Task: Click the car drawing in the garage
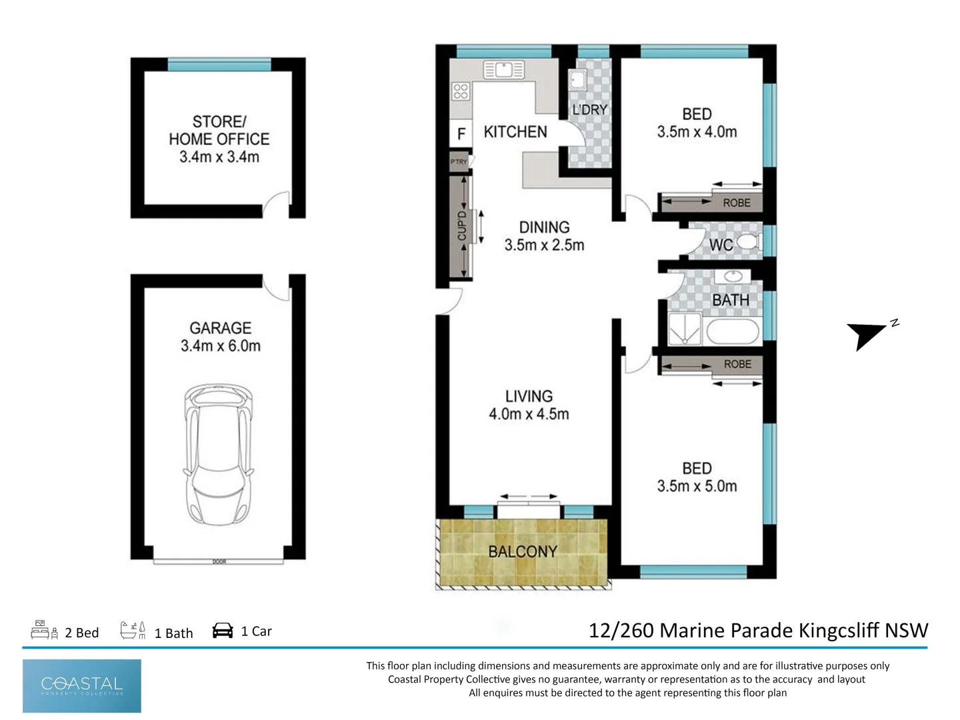pyautogui.click(x=219, y=455)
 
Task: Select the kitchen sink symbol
pyautogui.click(x=504, y=70)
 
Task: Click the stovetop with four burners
pyautogui.click(x=461, y=91)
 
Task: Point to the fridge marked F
pyautogui.click(x=461, y=135)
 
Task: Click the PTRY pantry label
pyautogui.click(x=459, y=162)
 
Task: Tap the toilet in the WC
pyautogui.click(x=749, y=242)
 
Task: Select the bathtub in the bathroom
pyautogui.click(x=732, y=332)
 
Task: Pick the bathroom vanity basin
pyautogui.click(x=732, y=276)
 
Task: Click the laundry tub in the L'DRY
pyautogui.click(x=577, y=80)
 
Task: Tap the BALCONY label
pyautogui.click(x=523, y=552)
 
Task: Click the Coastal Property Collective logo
pyautogui.click(x=82, y=685)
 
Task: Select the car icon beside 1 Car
pyautogui.click(x=223, y=631)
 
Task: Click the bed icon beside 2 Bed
pyautogui.click(x=44, y=630)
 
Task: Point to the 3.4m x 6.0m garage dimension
pyautogui.click(x=221, y=346)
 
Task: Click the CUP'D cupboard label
pyautogui.click(x=461, y=226)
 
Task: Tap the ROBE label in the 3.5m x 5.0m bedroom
pyautogui.click(x=737, y=365)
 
